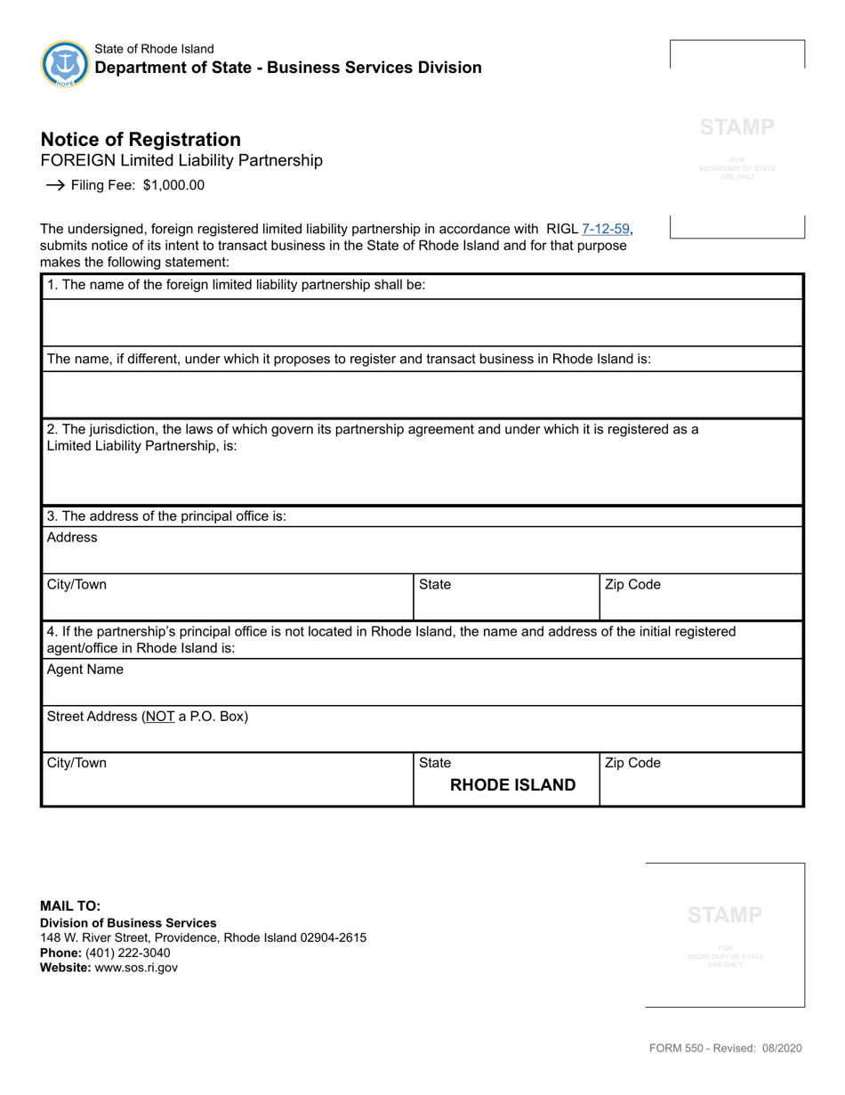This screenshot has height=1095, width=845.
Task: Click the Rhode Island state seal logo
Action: point(65,64)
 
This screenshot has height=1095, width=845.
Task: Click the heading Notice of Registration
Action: point(141,140)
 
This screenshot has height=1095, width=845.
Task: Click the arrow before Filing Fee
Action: point(53,186)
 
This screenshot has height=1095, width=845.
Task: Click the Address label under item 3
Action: point(72,538)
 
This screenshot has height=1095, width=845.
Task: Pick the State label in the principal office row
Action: point(435,585)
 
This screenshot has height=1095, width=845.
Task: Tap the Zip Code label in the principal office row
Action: point(632,585)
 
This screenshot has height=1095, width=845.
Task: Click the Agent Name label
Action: point(85,670)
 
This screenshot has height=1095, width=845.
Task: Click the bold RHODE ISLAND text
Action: point(513,785)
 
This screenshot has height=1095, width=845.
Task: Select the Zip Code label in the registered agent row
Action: point(632,763)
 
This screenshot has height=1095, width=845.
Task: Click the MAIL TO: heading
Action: point(70,906)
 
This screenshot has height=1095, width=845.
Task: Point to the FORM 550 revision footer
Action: point(725,1049)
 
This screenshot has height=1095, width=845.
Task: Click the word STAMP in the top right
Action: point(736,127)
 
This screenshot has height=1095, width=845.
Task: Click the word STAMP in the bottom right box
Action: point(724,914)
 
